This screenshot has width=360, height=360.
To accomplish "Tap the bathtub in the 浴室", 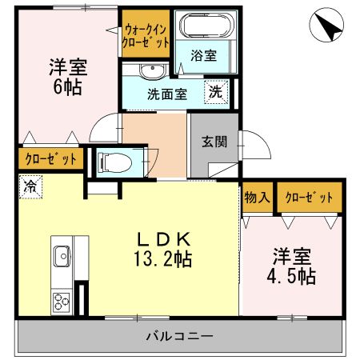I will pos(203,26).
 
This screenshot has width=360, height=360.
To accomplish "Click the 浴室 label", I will pos(203,57).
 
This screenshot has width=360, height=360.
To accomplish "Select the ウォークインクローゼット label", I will pos(146,34).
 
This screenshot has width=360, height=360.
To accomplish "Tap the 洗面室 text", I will pos(166,93).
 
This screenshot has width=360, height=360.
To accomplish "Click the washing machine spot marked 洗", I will pos(215,91).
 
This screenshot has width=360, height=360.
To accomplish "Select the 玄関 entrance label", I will pos(213,142).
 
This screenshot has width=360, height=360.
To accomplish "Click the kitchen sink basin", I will pos(62,257).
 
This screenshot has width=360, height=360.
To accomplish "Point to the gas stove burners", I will pos(62,302).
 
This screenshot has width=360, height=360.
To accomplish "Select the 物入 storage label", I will pos(257,198).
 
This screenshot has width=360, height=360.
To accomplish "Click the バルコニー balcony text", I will pos(179,335).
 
